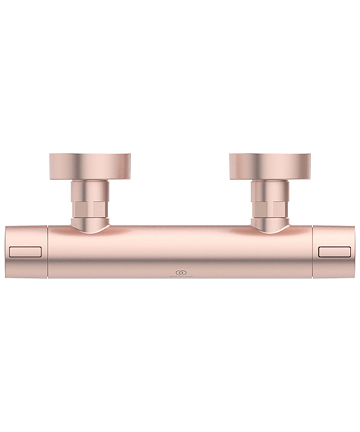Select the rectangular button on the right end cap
(336, 251)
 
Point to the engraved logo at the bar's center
(180, 272)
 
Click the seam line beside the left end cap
(48, 252)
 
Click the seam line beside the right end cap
(313, 252)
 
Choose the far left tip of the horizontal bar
(6, 252)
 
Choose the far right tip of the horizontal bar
(354, 252)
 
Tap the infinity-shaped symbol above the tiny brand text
(180, 270)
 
